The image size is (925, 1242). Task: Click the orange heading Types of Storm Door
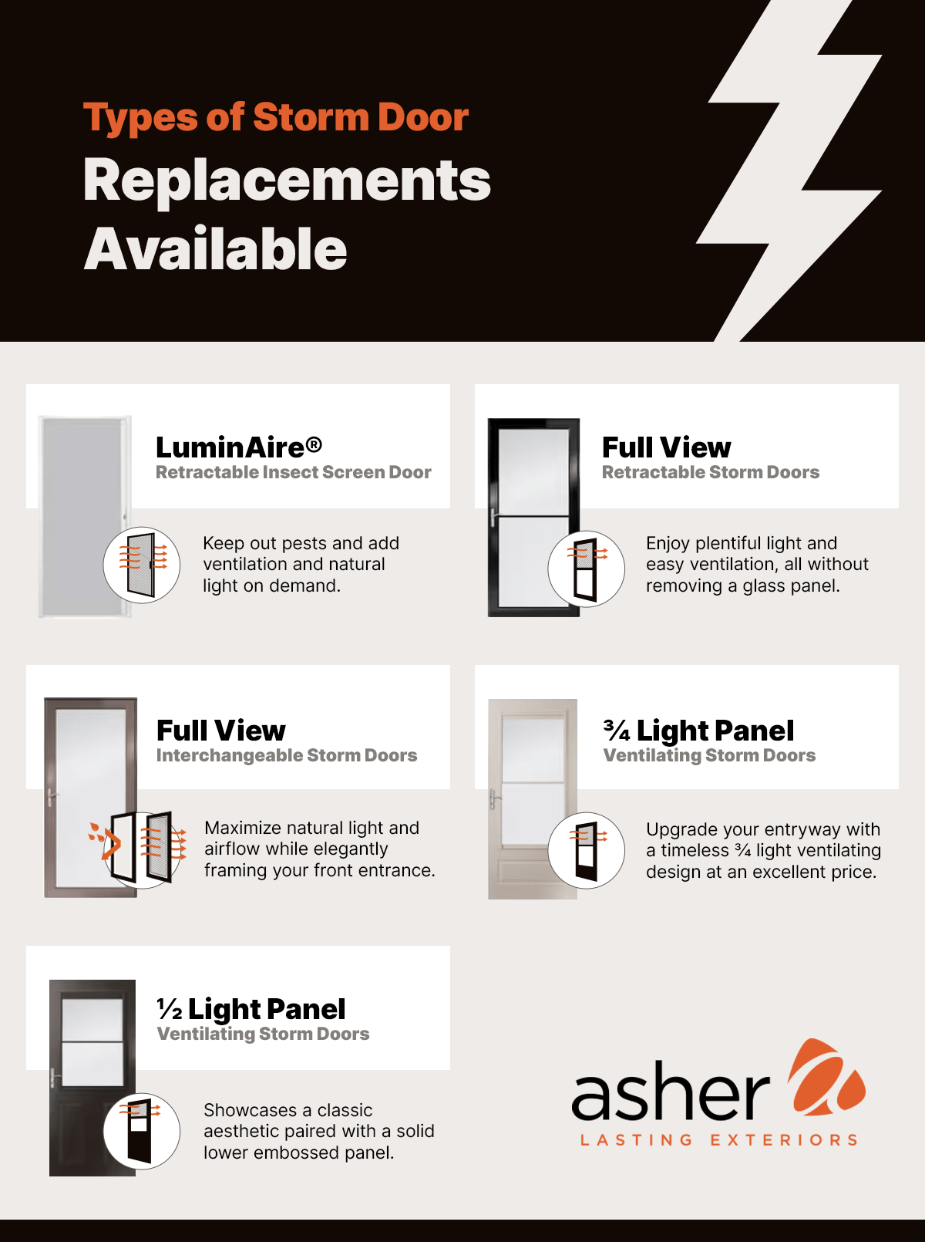click(275, 118)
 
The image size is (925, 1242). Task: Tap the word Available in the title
click(215, 249)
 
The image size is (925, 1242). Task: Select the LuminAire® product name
click(238, 447)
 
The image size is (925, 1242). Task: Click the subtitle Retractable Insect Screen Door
click(293, 472)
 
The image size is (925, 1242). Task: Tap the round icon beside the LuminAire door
click(142, 565)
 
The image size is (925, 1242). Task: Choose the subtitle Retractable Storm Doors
click(710, 472)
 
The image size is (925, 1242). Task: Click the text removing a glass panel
click(742, 586)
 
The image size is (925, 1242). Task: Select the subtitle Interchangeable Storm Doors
click(286, 755)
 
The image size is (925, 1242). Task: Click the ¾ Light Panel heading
click(698, 730)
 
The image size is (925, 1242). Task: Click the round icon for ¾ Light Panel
click(587, 850)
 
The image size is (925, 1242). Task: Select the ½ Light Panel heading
click(251, 1008)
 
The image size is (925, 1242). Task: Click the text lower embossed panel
click(298, 1153)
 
